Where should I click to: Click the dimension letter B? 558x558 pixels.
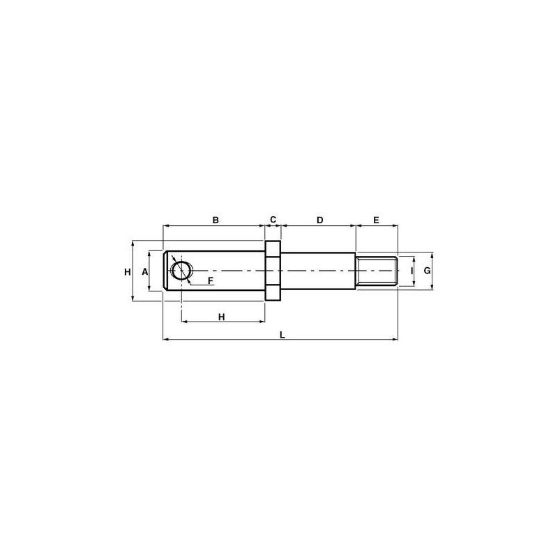pos(216,220)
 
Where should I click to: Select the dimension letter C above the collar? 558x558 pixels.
pos(273,220)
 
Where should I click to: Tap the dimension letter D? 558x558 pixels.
pos(319,220)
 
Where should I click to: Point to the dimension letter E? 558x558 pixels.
pos(376,220)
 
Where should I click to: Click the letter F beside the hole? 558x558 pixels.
pos(211,281)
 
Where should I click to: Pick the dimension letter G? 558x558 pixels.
pos(427,271)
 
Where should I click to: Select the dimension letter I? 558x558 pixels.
pos(412,271)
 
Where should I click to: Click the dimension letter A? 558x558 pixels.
pos(145,272)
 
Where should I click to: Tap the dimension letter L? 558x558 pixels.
pos(282,335)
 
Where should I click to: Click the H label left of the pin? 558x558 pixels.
pos(128,272)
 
